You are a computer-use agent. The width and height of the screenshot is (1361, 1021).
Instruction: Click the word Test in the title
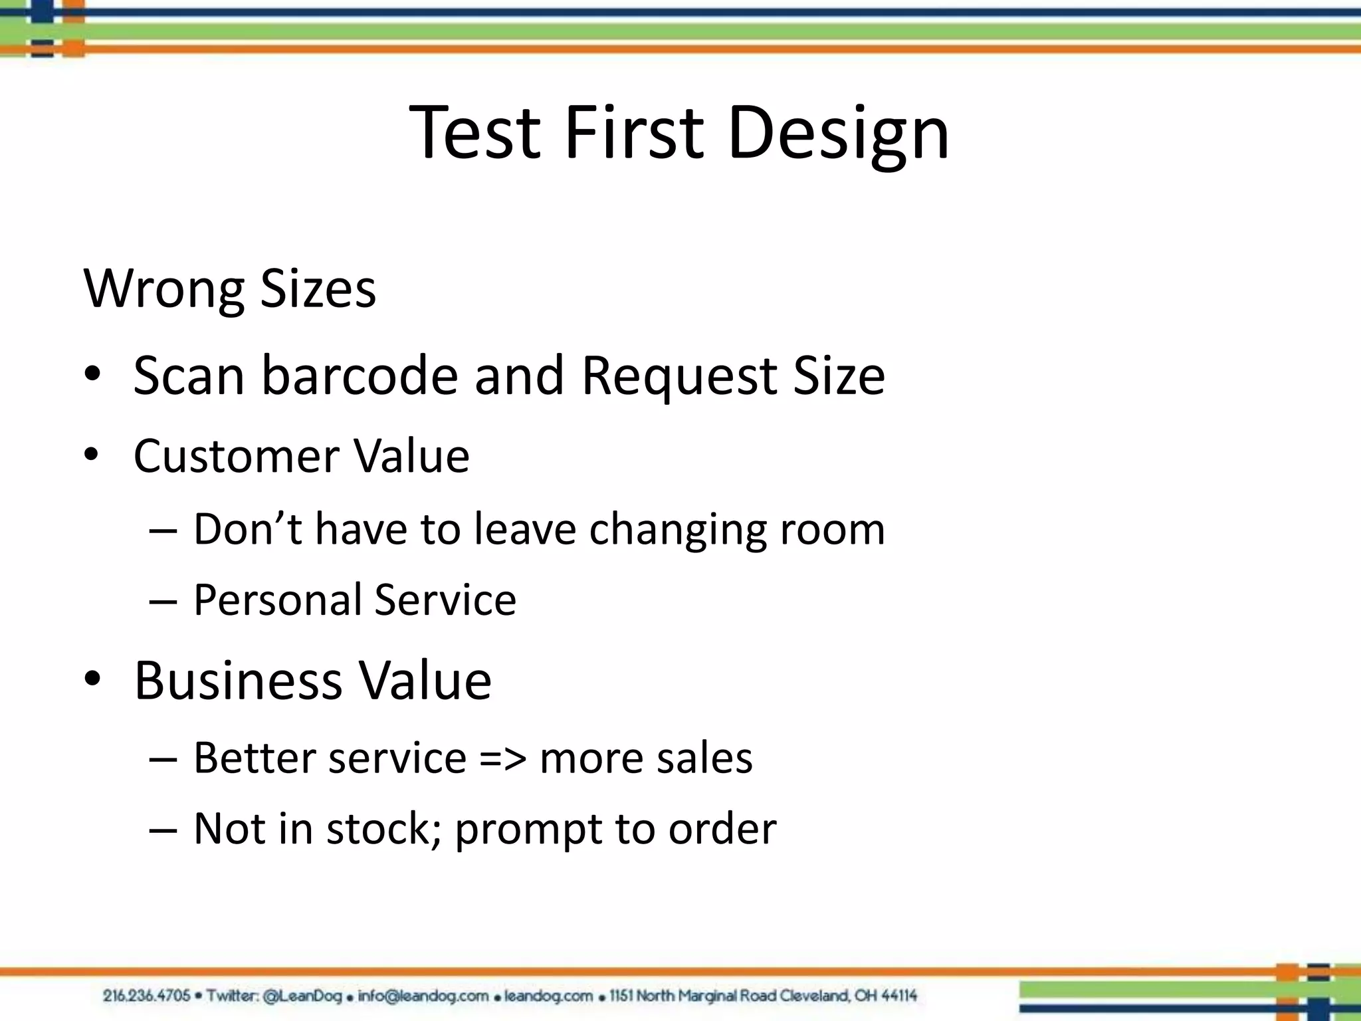click(474, 133)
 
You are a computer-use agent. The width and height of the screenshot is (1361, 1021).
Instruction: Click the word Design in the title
click(839, 133)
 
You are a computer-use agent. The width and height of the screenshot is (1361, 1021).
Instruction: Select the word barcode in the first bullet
click(360, 376)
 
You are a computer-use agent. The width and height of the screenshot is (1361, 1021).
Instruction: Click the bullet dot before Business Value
click(92, 678)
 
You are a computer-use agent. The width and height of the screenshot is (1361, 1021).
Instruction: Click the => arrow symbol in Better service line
click(503, 758)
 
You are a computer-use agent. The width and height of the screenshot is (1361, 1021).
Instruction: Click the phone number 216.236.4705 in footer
click(146, 996)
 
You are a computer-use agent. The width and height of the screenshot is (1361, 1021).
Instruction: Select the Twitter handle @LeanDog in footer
click(302, 996)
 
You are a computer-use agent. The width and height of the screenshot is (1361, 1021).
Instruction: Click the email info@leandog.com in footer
click(423, 996)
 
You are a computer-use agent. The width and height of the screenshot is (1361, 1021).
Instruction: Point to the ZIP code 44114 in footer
click(899, 996)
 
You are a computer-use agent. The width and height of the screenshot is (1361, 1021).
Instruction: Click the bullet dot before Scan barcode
click(92, 374)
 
